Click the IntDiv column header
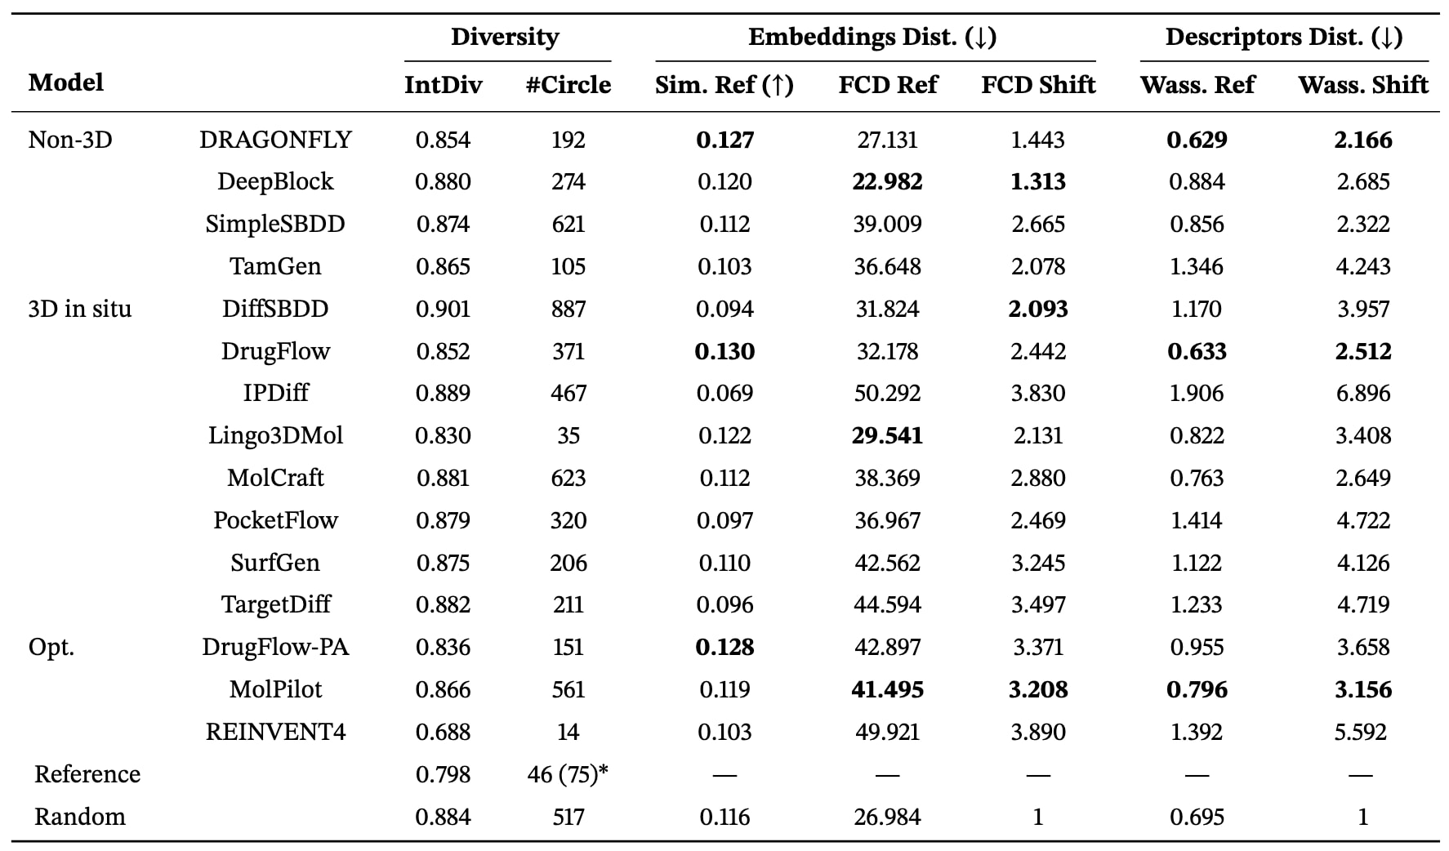[443, 85]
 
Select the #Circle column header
[568, 85]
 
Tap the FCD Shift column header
[1038, 85]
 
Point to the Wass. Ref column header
[1197, 85]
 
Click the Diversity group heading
[505, 37]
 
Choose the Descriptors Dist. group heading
[1284, 37]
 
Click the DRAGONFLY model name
[276, 140]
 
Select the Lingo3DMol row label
[276, 435]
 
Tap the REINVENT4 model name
[276, 732]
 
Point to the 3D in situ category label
[80, 309]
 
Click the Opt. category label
[51, 648]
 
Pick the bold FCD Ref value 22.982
[888, 181]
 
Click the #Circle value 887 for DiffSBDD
[568, 309]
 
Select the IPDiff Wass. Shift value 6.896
[1363, 394]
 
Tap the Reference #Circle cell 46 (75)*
[568, 774]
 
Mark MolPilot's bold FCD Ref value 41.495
[888, 690]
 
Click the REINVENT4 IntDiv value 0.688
[443, 732]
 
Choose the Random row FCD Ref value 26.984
[888, 817]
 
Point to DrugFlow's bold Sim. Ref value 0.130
[725, 351]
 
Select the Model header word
[66, 82]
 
